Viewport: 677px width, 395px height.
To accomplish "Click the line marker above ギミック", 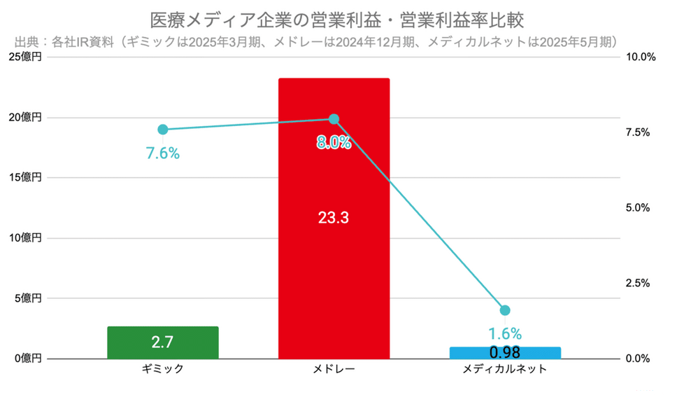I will tap(163, 130).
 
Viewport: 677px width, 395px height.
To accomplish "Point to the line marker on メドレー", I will tap(334, 119).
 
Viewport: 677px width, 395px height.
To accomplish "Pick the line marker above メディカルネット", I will tap(505, 310).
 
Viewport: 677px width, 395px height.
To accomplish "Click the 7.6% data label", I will tap(163, 153).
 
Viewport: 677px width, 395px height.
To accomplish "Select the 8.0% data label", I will tap(334, 143).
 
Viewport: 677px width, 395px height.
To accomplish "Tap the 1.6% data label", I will tap(505, 333).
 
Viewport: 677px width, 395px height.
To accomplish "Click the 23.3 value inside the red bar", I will tap(334, 218).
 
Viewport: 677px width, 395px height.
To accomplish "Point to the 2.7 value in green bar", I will tap(162, 342).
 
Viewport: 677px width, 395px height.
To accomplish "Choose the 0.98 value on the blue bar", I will tap(505, 351).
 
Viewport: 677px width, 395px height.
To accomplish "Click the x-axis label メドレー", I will tap(334, 369).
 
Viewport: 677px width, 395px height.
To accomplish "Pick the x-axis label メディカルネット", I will tap(505, 369).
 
